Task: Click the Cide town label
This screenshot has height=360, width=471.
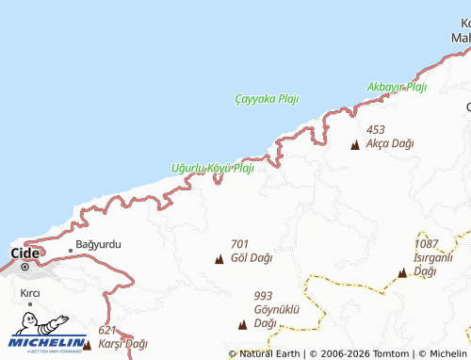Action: pos(24,253)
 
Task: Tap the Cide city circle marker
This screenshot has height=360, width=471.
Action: pos(27,267)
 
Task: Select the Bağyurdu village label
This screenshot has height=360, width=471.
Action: pos(98,244)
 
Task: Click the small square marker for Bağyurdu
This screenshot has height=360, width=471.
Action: pos(70,250)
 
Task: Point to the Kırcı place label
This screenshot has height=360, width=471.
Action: pos(29,293)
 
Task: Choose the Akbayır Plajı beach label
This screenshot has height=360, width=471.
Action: pos(397,87)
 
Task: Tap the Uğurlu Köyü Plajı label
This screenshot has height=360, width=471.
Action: pos(213,168)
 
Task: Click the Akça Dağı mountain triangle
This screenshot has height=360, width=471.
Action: pos(355,145)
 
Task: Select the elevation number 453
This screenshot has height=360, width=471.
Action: pos(376,129)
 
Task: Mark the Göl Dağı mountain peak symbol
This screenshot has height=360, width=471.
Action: pos(219,258)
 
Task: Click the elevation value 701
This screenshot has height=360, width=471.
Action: pos(239,243)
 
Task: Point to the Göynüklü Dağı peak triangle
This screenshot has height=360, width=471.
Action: pos(243,325)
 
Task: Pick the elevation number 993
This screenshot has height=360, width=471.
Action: pos(263,295)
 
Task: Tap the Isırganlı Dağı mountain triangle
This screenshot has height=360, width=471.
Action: pos(402,273)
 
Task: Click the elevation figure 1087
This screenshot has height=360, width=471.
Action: pos(427,244)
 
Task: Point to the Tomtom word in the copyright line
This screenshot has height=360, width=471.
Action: pos(388,353)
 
